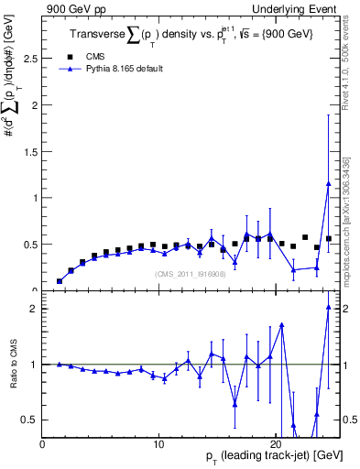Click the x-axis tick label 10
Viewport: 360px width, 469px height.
(159, 445)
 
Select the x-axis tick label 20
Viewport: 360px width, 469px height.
(276, 445)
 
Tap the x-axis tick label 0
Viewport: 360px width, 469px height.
(43, 445)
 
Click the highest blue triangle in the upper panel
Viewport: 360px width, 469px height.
(328, 183)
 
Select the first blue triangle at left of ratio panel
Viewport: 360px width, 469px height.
(60, 364)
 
